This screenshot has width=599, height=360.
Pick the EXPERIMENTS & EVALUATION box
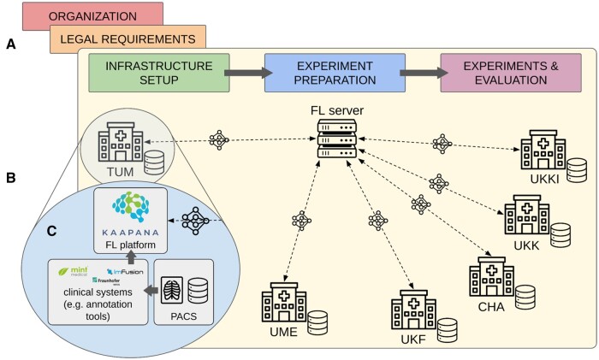505,73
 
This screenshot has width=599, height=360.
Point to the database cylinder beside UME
317,322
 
